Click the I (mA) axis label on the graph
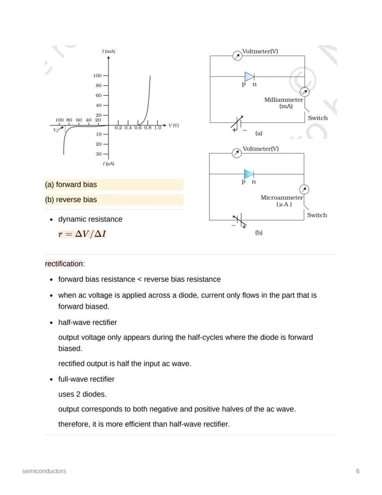click(x=108, y=51)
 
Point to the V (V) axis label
click(x=173, y=126)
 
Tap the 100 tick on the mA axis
click(x=97, y=76)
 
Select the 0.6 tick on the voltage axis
click(x=138, y=128)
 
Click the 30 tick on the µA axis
click(x=99, y=154)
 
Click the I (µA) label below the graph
click(x=108, y=164)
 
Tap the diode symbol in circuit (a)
click(x=249, y=77)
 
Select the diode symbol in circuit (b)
click(x=249, y=174)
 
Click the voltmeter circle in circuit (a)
click(x=237, y=56)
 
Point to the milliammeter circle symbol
click(x=304, y=92)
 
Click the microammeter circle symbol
click(x=304, y=189)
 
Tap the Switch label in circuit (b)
click(x=317, y=215)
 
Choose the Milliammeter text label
click(x=284, y=100)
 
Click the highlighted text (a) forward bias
click(x=71, y=184)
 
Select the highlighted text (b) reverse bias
click(x=71, y=200)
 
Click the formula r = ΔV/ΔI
click(x=82, y=234)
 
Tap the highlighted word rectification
click(x=64, y=264)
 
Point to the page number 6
click(x=358, y=471)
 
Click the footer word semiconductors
click(x=44, y=471)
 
